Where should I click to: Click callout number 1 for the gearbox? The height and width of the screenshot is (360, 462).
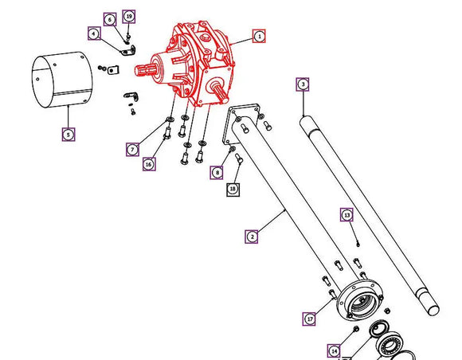(x=259, y=36)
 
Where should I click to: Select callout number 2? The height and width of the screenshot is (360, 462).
(x=252, y=236)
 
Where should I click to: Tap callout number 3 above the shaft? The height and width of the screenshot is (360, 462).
(x=303, y=84)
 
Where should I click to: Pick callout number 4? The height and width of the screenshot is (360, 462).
(x=93, y=33)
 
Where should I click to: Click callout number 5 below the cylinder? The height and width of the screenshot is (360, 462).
(x=69, y=135)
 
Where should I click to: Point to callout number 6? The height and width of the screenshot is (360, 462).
(x=109, y=18)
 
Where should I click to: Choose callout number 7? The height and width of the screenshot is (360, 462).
(x=131, y=149)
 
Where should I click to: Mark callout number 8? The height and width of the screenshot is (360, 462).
(x=217, y=172)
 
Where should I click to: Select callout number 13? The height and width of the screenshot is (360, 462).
(x=346, y=214)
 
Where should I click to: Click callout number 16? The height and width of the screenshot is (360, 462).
(x=149, y=164)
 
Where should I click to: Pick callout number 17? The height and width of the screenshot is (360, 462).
(x=310, y=319)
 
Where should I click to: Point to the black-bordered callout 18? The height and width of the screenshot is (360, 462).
(x=233, y=189)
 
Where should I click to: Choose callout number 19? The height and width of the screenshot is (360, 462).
(x=129, y=16)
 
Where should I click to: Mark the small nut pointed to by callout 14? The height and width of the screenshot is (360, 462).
(x=354, y=328)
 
